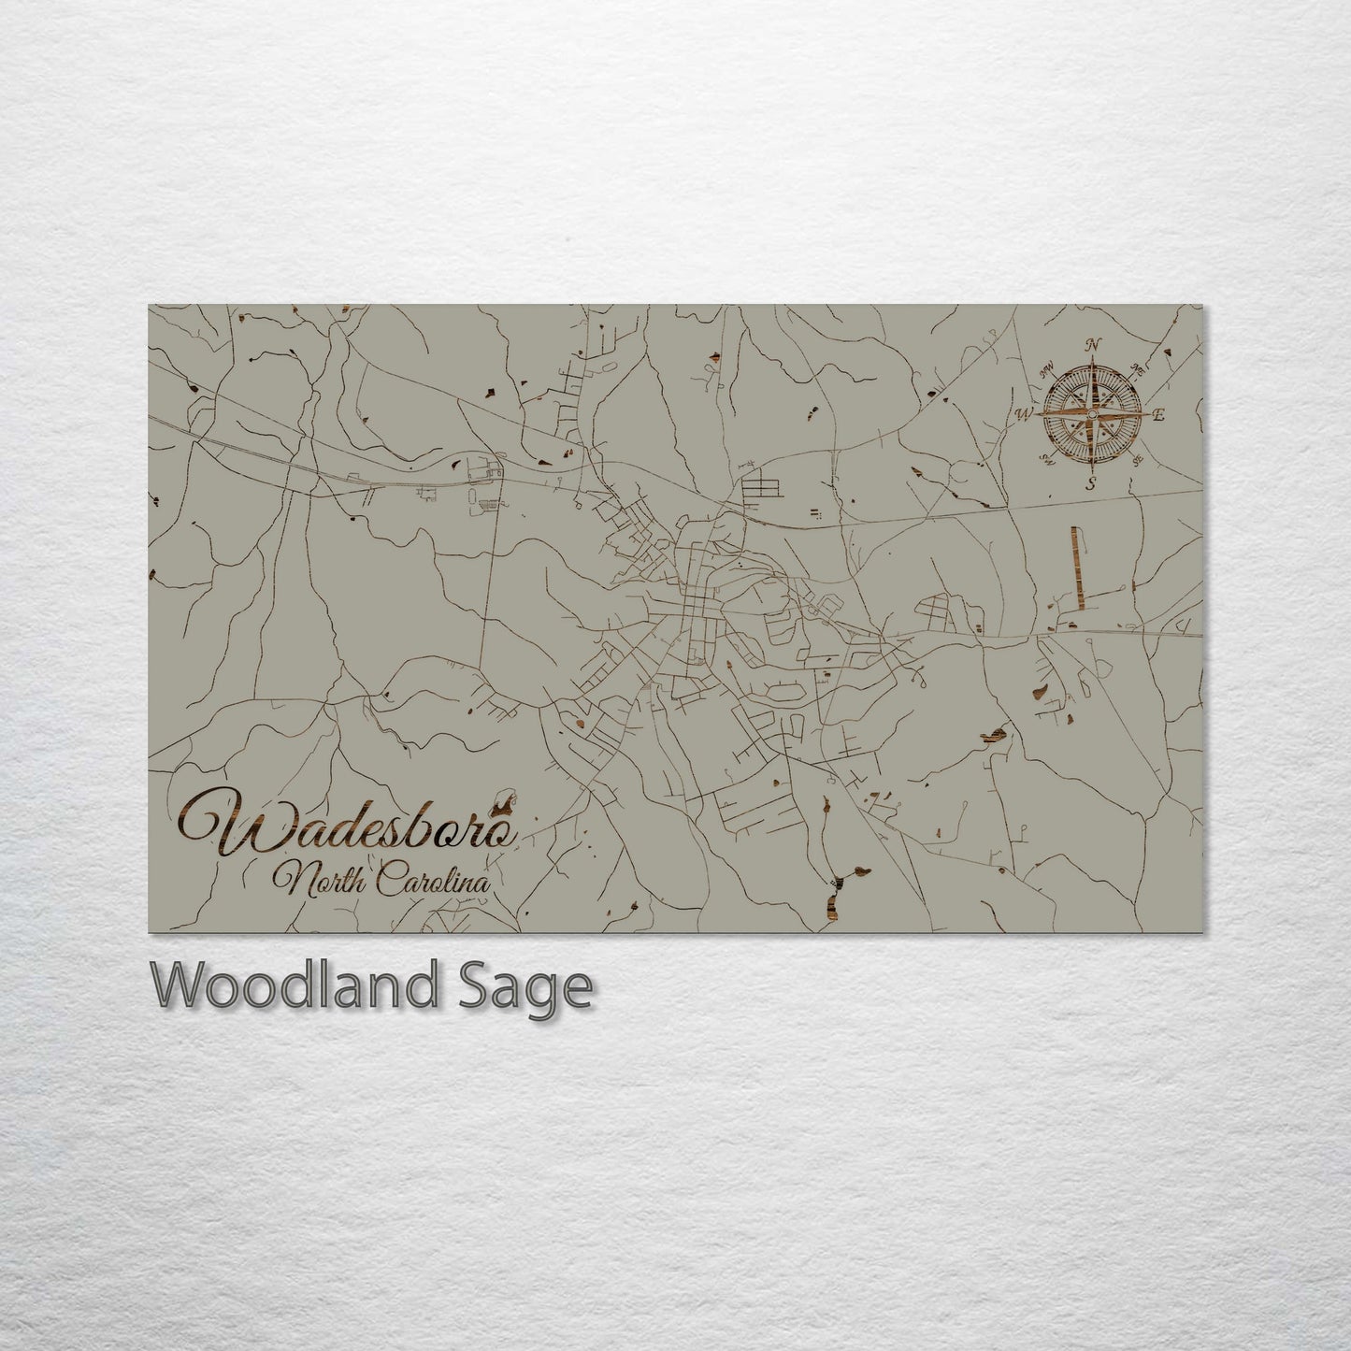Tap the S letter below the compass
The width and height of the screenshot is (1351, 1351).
pos(1089,483)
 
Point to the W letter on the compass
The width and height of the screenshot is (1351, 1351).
pos(1025,412)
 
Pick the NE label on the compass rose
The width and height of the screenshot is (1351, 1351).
pos(1137,367)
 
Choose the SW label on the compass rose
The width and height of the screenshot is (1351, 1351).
pos(1044,459)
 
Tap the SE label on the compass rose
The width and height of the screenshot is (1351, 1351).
pos(1137,460)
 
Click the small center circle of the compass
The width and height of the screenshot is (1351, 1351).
pos(1091,413)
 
